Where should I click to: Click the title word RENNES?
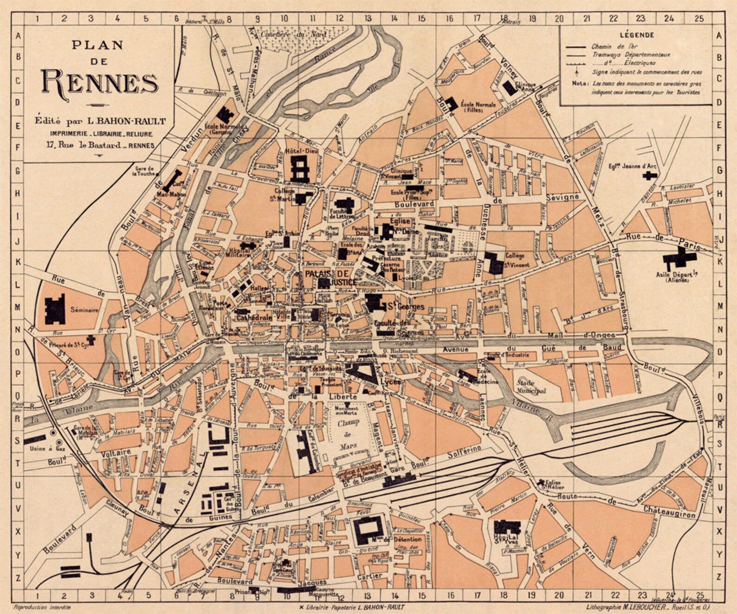(x=99, y=82)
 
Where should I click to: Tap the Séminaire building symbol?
(x=55, y=309)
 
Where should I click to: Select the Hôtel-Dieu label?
(x=300, y=151)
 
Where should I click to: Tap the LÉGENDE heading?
(x=637, y=35)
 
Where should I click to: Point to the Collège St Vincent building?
(x=494, y=263)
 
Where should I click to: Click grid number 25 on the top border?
(x=699, y=19)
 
